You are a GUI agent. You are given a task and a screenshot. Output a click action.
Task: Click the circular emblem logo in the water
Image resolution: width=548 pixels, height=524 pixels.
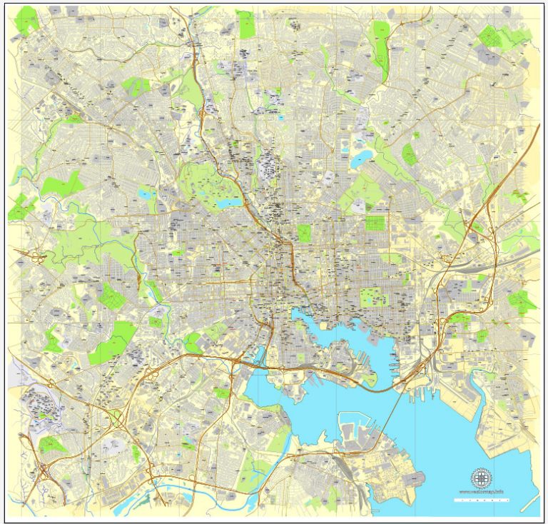tap(482, 477)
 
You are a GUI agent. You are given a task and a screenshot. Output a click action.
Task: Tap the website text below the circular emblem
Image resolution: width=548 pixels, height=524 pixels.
tap(482, 491)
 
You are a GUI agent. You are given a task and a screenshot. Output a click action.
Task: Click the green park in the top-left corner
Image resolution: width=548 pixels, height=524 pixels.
tap(27, 21)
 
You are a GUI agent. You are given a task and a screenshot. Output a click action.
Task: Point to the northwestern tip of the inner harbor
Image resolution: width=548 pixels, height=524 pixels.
tap(293, 311)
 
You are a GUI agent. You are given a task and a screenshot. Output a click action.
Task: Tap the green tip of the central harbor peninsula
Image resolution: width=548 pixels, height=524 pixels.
tap(371, 378)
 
